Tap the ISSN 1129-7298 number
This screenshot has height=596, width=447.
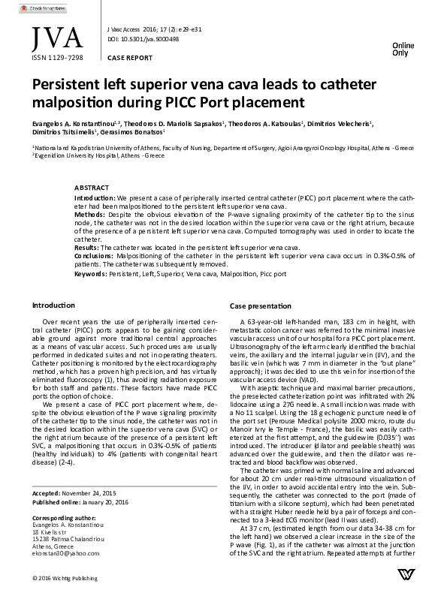(x=57, y=57)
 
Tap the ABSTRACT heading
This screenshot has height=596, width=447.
(x=94, y=187)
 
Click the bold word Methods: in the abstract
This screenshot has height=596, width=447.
(x=90, y=214)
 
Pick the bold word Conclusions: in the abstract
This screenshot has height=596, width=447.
(x=94, y=255)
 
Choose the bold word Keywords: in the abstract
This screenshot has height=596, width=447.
(x=91, y=275)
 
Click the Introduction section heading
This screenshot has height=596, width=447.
(x=53, y=306)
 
